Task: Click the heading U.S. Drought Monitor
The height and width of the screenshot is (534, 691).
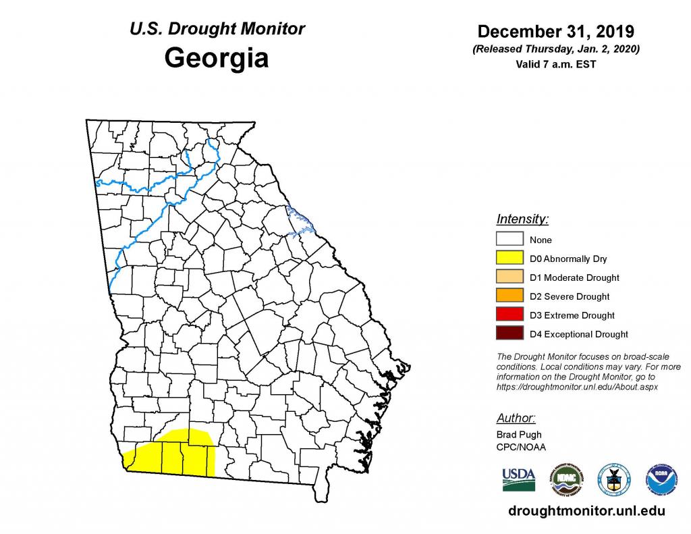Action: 216,29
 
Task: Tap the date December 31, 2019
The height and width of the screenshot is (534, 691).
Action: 555,32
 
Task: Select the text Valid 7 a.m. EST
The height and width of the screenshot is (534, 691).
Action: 555,65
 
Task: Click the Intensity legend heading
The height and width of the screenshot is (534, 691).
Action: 522,219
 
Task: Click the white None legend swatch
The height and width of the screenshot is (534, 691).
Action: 510,240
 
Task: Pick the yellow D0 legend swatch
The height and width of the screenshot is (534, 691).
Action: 510,259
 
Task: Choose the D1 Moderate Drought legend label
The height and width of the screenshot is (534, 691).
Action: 574,277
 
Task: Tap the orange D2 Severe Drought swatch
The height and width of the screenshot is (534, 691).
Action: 510,296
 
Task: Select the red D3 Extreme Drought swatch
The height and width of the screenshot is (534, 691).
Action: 510,315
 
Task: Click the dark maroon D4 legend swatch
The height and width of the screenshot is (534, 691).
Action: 510,334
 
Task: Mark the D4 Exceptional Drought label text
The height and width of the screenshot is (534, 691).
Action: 578,334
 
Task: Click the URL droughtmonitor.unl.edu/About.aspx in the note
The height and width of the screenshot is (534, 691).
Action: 577,387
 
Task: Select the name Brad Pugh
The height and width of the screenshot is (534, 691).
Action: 518,435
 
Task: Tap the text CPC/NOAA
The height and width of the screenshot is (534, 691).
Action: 521,447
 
